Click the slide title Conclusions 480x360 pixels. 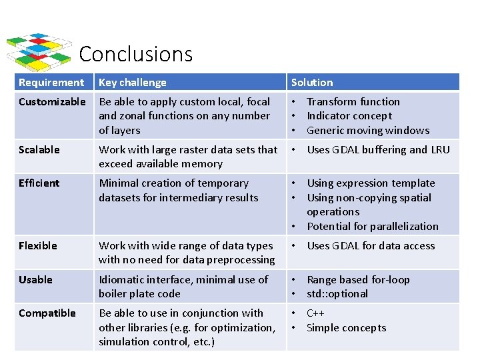pyautogui.click(x=135, y=54)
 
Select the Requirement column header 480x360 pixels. pyautogui.click(x=51, y=83)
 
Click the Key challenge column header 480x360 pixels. pyautogui.click(x=133, y=83)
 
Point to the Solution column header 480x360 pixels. pyautogui.click(x=312, y=83)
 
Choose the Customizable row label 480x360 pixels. pyautogui.click(x=52, y=102)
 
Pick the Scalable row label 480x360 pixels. pyautogui.click(x=39, y=150)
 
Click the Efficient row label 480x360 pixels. pyautogui.click(x=39, y=183)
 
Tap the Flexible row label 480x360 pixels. pyautogui.click(x=38, y=246)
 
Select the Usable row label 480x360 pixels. pyautogui.click(x=35, y=280)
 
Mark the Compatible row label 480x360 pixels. pyautogui.click(x=47, y=313)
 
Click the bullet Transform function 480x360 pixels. pyautogui.click(x=353, y=102)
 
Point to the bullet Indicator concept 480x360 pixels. pyautogui.click(x=349, y=116)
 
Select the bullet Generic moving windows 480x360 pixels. pyautogui.click(x=368, y=131)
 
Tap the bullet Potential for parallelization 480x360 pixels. pyautogui.click(x=373, y=227)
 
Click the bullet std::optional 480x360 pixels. pyautogui.click(x=337, y=294)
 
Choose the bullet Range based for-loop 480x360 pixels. pyautogui.click(x=358, y=280)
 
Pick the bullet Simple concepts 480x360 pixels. pyautogui.click(x=346, y=327)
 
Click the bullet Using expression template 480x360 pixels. pyautogui.click(x=371, y=183)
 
